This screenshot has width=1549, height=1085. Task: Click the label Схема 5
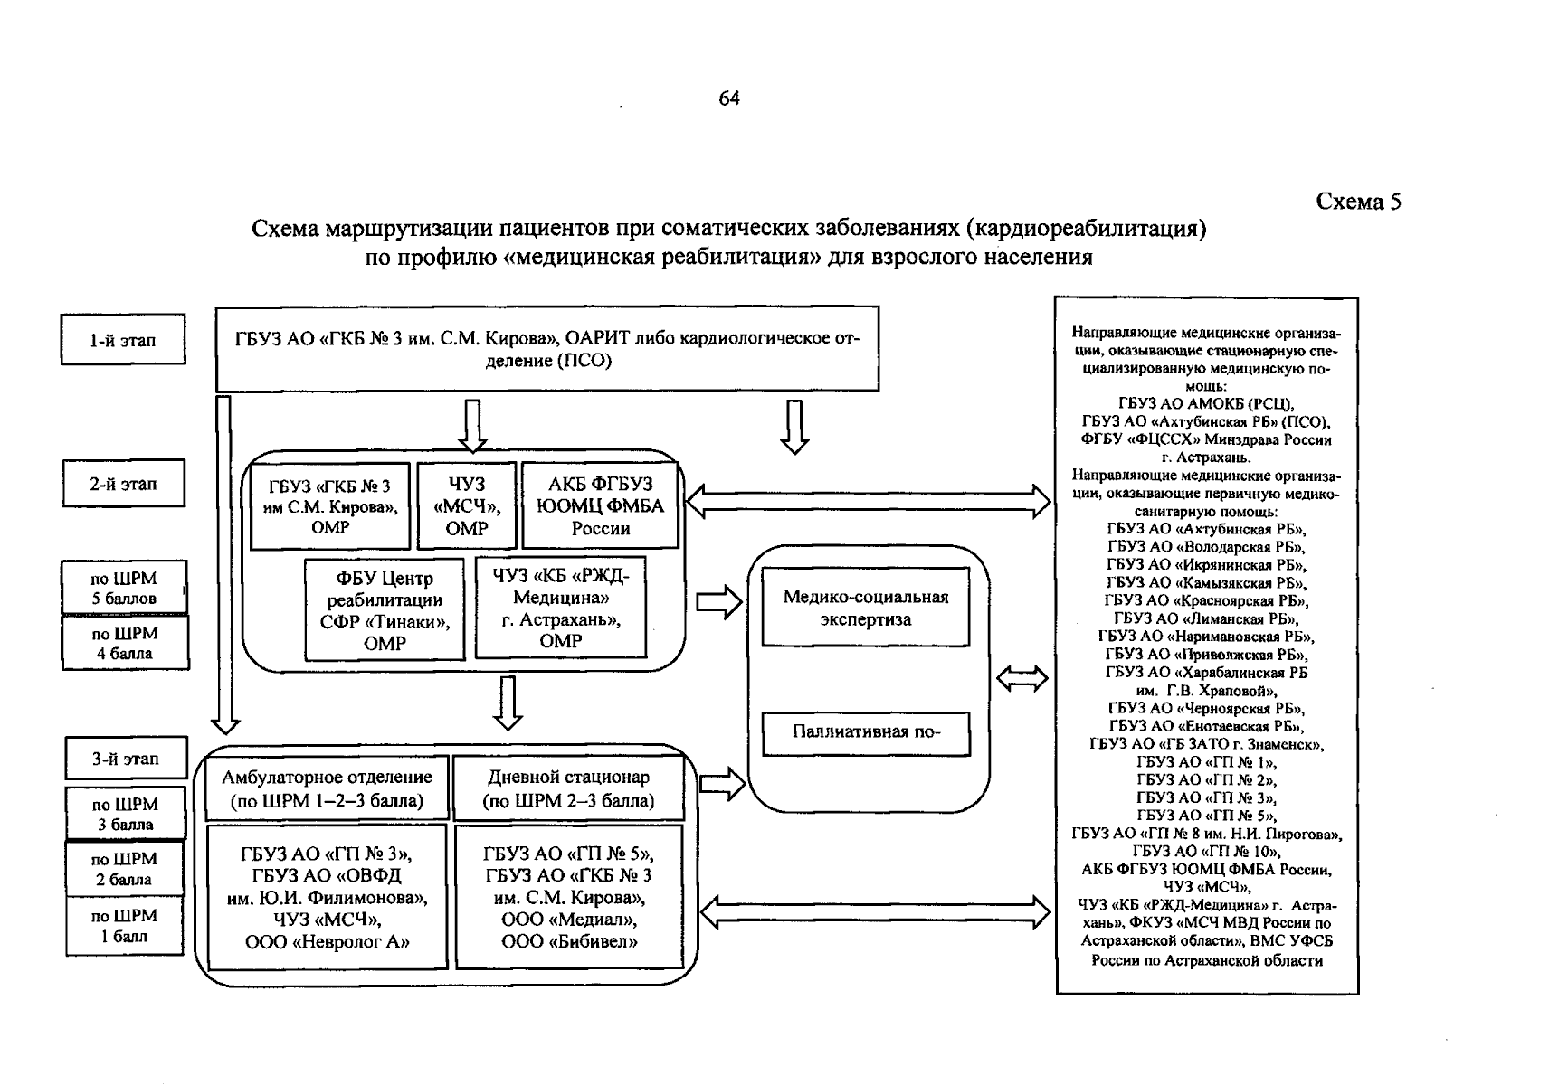(1357, 202)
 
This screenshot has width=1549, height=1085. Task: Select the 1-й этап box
(123, 340)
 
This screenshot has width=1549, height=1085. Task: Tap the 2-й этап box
(123, 484)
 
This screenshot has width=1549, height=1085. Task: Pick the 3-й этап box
(126, 759)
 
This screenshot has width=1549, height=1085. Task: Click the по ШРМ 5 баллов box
(124, 588)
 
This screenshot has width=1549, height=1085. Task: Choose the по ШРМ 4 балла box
(125, 643)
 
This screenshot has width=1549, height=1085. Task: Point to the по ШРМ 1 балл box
(124, 926)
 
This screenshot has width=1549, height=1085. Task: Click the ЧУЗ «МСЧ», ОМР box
(466, 506)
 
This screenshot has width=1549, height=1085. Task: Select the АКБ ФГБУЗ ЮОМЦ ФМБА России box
(600, 506)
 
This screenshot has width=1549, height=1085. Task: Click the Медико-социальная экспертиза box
(865, 608)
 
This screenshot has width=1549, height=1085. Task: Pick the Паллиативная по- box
(865, 732)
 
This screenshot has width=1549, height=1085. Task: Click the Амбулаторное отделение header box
(327, 788)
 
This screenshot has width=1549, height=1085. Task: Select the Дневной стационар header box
(568, 788)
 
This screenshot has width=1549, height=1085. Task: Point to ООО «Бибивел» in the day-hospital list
(569, 942)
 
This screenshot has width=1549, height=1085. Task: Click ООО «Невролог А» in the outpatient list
(328, 942)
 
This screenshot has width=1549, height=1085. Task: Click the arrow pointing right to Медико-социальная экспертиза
(719, 603)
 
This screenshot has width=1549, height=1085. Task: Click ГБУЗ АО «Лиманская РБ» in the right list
(1206, 619)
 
